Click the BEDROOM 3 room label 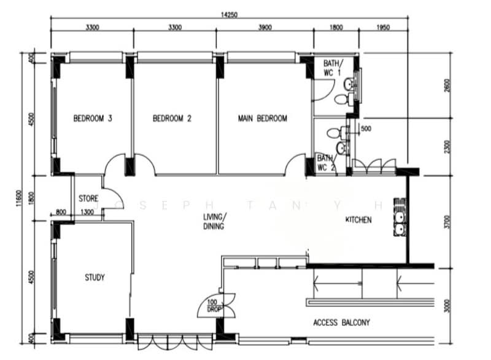coord(92,119)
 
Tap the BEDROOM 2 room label coord(172,119)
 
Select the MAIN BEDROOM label coord(262,119)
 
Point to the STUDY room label coord(95,278)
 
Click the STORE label coord(88,198)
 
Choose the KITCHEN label coord(358,219)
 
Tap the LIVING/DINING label coord(215,222)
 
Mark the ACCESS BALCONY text coord(341,323)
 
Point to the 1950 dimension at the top coord(382,27)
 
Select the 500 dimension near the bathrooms coord(366,129)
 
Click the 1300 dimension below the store coord(88,213)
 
